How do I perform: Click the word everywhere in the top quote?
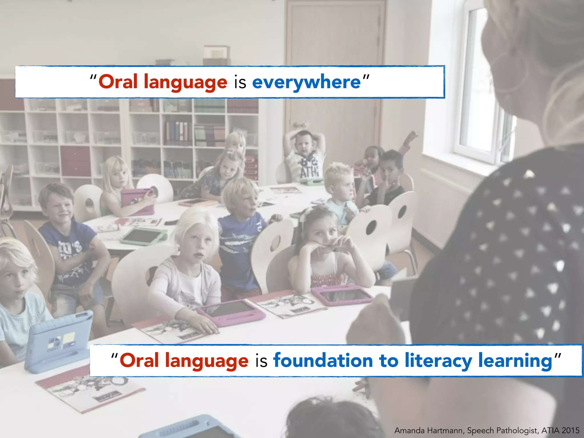(x=306, y=82)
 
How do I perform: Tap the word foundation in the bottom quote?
(x=323, y=360)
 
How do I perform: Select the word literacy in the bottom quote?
(x=438, y=361)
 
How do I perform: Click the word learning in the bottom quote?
(x=515, y=361)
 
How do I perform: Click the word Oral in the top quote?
(x=118, y=82)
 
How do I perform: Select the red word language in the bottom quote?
(x=207, y=361)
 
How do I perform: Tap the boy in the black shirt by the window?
(x=391, y=177)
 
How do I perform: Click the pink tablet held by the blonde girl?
(x=136, y=198)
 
